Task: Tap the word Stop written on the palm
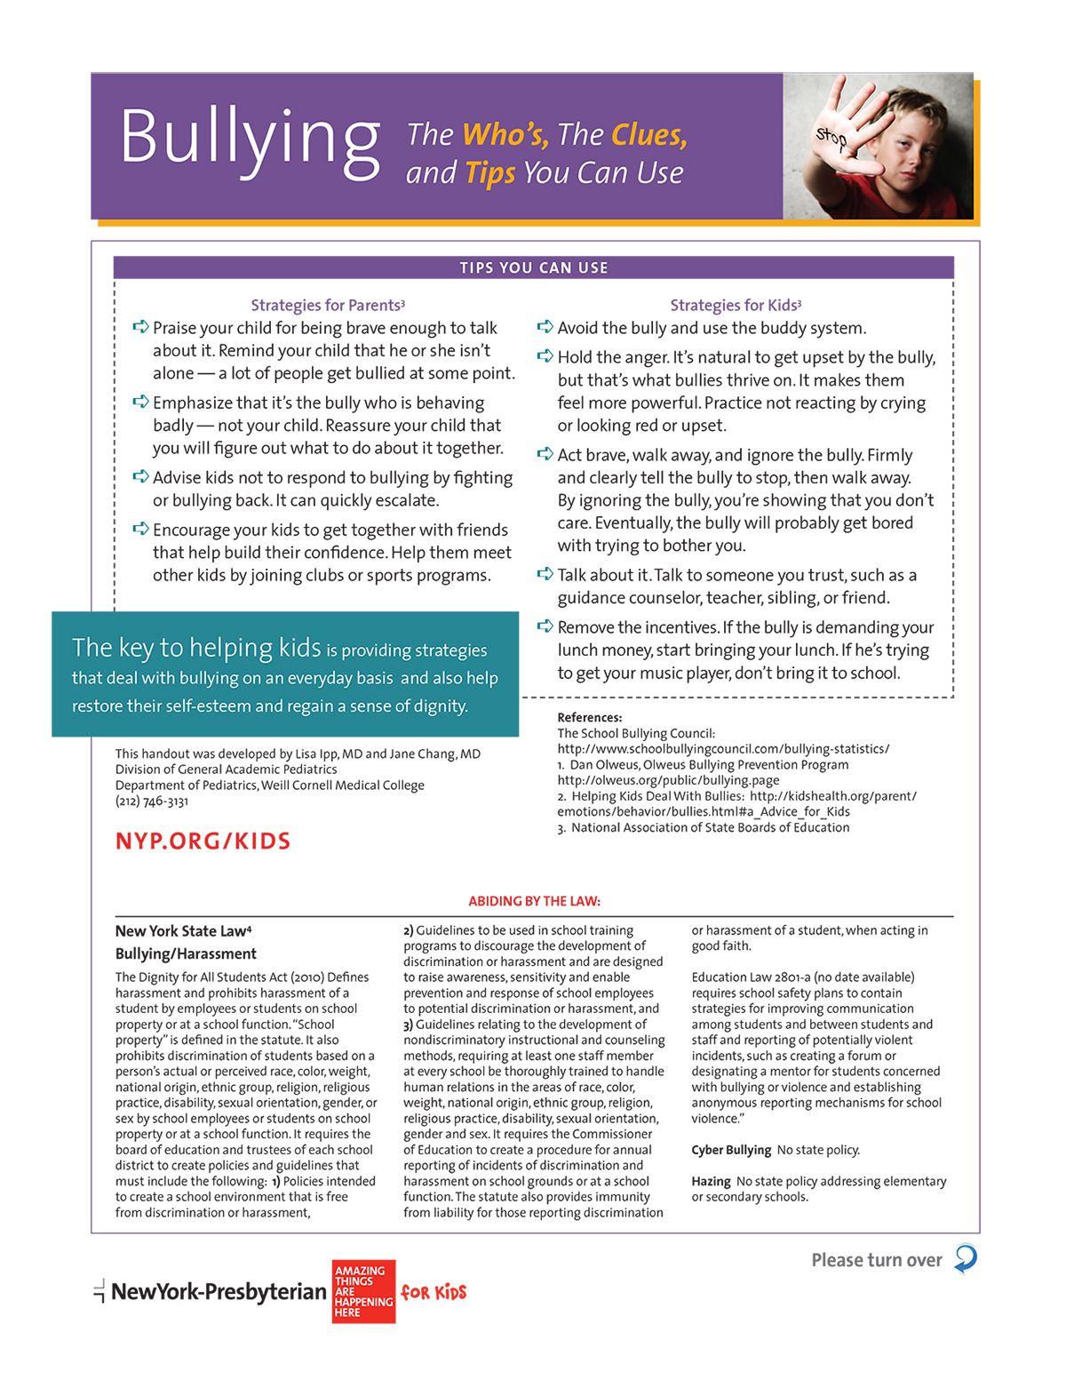coord(831,138)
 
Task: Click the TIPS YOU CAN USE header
coord(533,267)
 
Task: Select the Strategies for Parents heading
coord(327,305)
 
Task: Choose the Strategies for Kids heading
coord(736,305)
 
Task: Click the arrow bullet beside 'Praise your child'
coord(140,327)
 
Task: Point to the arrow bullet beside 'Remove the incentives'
coord(545,626)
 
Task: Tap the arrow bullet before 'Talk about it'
coord(545,574)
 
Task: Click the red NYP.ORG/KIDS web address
coord(203,841)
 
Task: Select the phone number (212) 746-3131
coord(151,802)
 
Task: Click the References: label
coord(589,717)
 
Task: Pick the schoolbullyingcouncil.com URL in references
coord(723,749)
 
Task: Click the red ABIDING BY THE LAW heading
coord(534,901)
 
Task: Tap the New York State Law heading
coord(183,931)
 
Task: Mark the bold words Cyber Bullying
coord(731,1150)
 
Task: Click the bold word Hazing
coord(711,1181)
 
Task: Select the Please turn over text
coord(876,1260)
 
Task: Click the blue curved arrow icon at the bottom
coord(966,1258)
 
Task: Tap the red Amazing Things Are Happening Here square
coord(363,1291)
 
